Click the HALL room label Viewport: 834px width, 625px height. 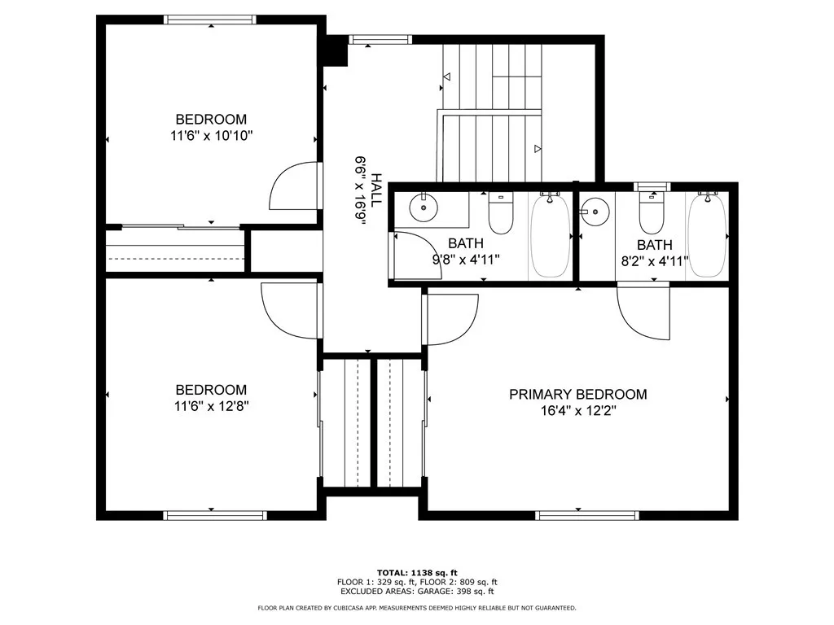coord(376,190)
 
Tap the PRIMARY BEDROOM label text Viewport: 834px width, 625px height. coord(578,395)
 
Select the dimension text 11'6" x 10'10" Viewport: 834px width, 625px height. coord(211,136)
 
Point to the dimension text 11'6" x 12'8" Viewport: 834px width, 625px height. coord(211,407)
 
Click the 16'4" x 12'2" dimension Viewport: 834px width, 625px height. coord(578,411)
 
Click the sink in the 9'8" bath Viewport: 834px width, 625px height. coord(424,208)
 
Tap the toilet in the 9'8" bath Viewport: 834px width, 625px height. coord(501,214)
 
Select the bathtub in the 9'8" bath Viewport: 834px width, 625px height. coord(550,235)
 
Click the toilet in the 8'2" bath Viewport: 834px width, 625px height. coord(652,212)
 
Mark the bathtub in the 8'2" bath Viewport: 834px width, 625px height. coord(707,235)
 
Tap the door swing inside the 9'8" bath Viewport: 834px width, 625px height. coord(418,256)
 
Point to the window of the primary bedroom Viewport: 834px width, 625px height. coord(586,515)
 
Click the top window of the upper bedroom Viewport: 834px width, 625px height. coord(209,20)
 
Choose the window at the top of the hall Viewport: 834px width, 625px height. coord(380,39)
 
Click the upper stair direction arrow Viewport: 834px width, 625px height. coord(447,76)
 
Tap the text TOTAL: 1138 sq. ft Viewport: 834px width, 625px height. coord(417,573)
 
